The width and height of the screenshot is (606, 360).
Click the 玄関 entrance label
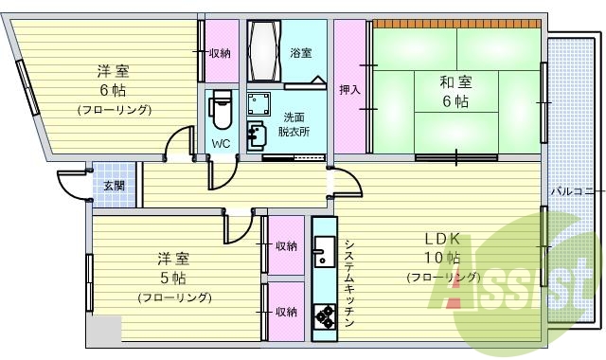113,184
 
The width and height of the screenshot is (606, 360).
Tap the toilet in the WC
221,108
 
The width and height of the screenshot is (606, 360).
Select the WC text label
221,144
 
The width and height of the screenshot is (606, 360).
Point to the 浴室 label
302,53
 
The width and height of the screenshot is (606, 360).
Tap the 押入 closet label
349,90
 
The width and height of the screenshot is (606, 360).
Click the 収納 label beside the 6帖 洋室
221,53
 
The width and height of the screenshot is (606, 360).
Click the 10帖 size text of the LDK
441,258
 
